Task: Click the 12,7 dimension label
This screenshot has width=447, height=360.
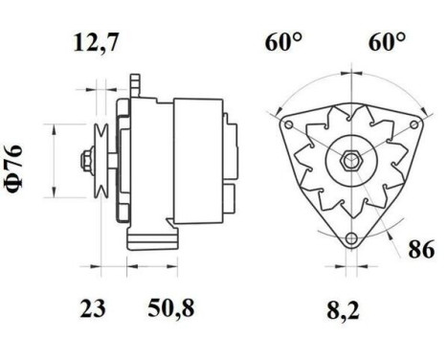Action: click(x=100, y=42)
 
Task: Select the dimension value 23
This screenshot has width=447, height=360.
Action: click(x=92, y=308)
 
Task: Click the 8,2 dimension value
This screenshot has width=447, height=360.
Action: click(x=351, y=308)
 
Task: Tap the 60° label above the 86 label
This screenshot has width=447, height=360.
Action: click(x=388, y=42)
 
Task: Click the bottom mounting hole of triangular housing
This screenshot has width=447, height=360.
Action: click(x=351, y=237)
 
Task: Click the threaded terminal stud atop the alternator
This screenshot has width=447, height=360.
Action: click(x=139, y=81)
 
